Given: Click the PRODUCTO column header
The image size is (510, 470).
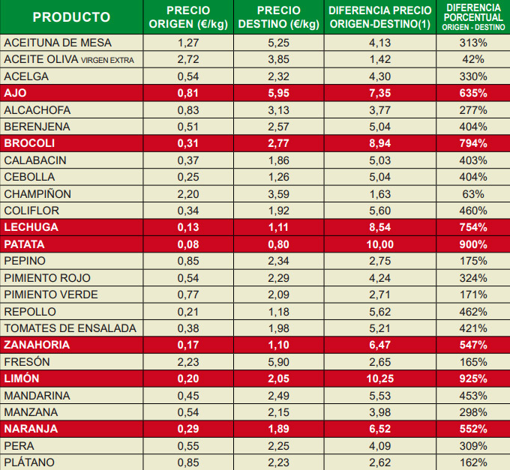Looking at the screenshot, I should pos(71,17).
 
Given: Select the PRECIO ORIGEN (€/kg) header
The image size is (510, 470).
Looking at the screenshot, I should pos(187,17).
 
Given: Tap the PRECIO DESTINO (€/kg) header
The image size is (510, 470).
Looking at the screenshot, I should pos(278,17).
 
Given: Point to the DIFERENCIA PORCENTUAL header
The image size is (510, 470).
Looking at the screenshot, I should pos(474,16).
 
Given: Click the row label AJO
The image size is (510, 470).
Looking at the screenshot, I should pos(16,93).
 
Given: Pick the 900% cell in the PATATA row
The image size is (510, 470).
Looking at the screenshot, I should pos(474,244).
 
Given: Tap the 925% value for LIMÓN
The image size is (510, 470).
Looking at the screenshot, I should pos(474,379).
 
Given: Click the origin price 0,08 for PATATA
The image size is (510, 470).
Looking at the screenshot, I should pos(187,244).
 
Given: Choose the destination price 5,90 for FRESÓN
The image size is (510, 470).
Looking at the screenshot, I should pos(278,361).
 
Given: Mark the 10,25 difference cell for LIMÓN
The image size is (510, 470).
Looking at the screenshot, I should pos(380,379).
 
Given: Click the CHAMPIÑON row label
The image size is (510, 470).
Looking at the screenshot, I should pos(37,193).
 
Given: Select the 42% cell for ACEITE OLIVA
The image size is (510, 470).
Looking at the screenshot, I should pos(474,59).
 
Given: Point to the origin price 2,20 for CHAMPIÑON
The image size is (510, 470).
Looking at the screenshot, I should pos(187,193).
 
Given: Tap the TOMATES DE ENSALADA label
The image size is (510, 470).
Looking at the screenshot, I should pos(70,328).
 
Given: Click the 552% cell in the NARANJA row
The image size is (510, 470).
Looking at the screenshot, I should pos(474,429).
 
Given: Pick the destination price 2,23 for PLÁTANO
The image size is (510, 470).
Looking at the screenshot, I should pos(278,463).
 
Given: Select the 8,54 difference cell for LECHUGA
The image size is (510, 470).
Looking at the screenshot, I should pos(380,227).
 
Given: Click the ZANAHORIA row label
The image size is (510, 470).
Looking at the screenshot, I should pos(37,345).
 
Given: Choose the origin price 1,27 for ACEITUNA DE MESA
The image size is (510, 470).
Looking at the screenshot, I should pos(187,43).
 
